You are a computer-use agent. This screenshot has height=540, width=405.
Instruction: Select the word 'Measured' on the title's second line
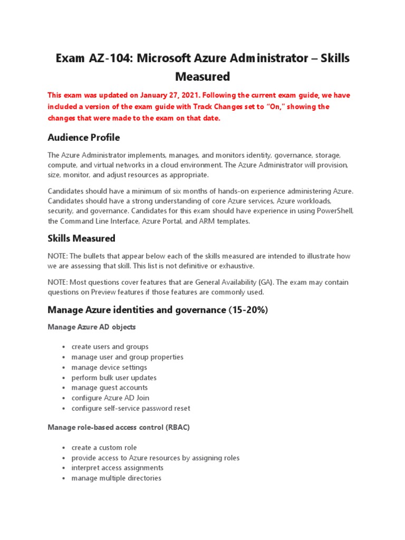tap(202, 77)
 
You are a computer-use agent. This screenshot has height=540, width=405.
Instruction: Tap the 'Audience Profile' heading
tap(83, 138)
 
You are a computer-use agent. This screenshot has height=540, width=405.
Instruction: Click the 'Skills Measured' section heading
tap(81, 238)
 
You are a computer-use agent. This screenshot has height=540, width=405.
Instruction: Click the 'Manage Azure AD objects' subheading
tap(91, 327)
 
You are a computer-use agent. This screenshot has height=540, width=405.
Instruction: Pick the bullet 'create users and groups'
tap(110, 347)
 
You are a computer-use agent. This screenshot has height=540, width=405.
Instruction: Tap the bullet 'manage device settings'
tap(109, 368)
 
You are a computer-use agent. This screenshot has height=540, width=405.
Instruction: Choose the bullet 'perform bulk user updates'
tap(114, 378)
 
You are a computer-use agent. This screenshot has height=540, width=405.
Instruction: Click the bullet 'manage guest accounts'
tap(109, 388)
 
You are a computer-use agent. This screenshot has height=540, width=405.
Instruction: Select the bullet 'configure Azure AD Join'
tap(110, 398)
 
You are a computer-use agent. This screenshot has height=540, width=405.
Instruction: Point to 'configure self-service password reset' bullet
tap(131, 408)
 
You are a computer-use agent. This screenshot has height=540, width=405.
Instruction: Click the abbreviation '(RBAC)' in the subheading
tap(178, 427)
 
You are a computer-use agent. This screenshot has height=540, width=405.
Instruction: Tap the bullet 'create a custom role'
tap(104, 448)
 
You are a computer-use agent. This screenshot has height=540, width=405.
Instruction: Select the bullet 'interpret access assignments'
tap(117, 468)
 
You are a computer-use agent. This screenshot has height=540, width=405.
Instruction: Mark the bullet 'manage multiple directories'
tap(116, 478)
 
